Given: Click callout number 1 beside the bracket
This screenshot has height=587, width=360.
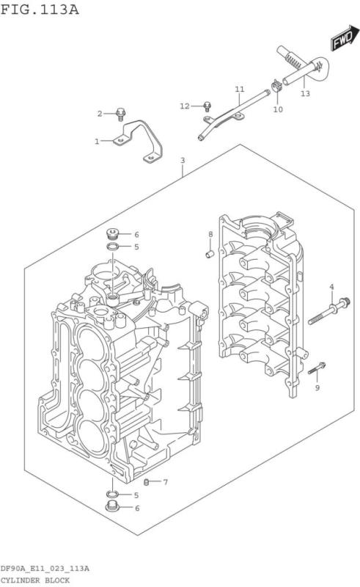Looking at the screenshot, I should click(x=96, y=141).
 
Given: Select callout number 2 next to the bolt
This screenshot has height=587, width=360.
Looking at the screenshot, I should click(x=100, y=113).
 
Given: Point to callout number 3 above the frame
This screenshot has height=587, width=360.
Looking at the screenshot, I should click(x=182, y=160).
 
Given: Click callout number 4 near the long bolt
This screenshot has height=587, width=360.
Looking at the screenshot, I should click(x=331, y=286).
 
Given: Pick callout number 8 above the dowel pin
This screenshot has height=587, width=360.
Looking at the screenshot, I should click(x=210, y=234).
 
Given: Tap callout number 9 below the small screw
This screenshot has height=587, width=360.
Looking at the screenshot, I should click(x=317, y=387).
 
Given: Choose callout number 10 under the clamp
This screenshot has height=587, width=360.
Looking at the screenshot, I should click(x=278, y=109).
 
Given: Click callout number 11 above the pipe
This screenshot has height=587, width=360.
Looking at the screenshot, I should click(x=239, y=89).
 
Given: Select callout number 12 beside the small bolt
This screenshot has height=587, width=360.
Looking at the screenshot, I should click(x=185, y=106).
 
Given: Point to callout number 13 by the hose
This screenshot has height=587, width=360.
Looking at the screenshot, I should click(x=305, y=94).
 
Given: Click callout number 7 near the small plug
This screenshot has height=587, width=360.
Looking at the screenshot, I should click(x=165, y=482).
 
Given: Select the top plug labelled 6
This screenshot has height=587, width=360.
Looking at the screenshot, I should click(x=112, y=234).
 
